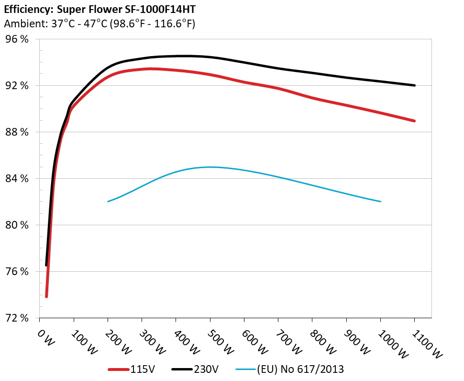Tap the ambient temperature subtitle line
99,23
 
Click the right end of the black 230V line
414,85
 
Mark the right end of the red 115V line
414,121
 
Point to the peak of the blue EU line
210,167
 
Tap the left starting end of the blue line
108,201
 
